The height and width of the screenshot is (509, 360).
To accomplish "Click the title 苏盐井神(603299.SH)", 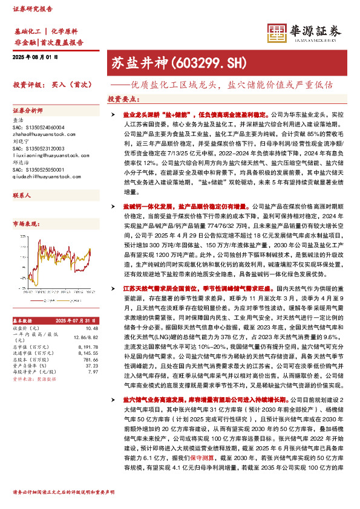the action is tap(162, 62).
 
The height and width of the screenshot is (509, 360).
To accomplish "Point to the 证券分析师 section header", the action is tap(28, 111).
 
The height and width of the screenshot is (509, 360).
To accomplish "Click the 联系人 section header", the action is tap(22, 196).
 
